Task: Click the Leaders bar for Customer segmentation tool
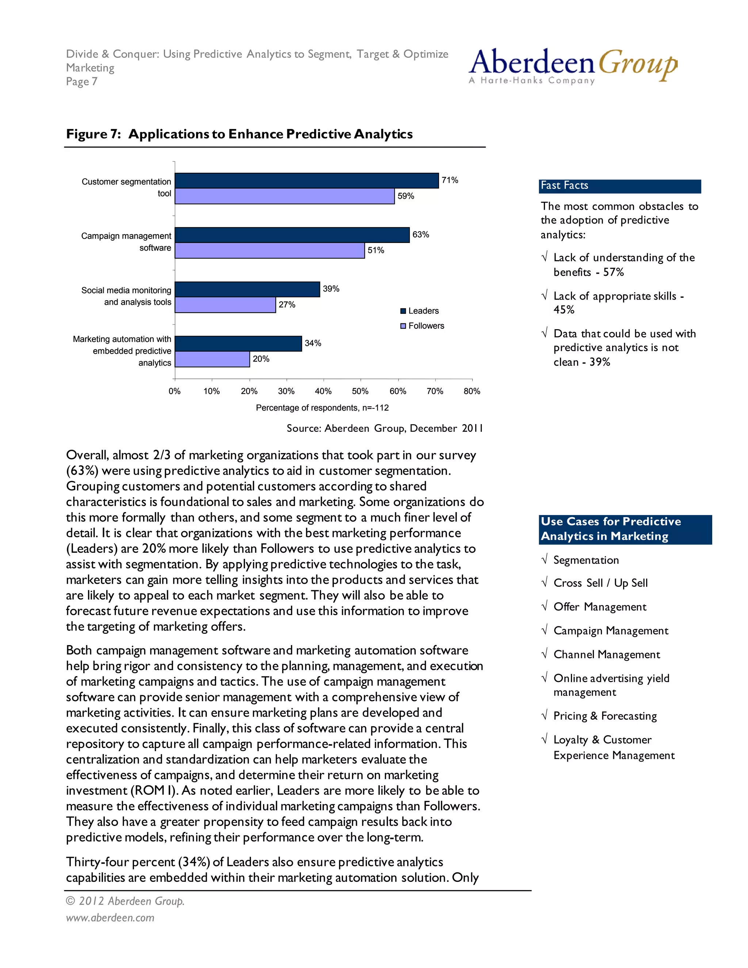click(307, 181)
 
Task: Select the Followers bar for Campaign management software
click(270, 251)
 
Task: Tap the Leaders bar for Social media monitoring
click(247, 289)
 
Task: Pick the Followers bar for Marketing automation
click(212, 359)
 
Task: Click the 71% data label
click(450, 180)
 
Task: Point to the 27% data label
click(287, 305)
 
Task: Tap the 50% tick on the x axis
click(360, 391)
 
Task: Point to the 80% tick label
click(472, 391)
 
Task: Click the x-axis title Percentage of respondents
click(322, 408)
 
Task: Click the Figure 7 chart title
click(239, 134)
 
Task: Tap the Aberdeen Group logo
click(573, 66)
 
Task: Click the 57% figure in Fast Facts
click(613, 272)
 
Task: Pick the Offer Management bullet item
click(600, 607)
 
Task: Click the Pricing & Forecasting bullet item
click(605, 716)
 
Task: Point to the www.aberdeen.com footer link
click(110, 918)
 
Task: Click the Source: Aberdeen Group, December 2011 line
click(384, 428)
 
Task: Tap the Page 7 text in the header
click(82, 81)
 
